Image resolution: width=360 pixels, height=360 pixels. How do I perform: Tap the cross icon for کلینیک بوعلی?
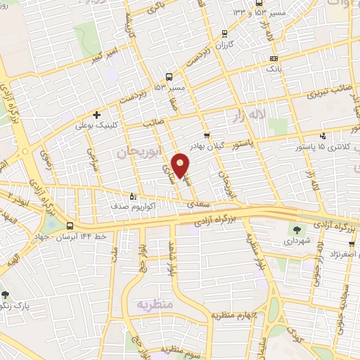tap(96, 115)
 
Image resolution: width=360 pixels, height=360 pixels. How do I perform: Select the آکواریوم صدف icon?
tap(133, 197)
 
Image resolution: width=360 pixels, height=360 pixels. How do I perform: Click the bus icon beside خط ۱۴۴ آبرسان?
tap(70, 226)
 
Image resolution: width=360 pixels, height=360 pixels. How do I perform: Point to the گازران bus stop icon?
tap(224, 33)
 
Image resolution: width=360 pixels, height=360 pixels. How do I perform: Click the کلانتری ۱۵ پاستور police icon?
tap(323, 136)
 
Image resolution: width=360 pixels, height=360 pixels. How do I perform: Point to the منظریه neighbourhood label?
tap(150, 305)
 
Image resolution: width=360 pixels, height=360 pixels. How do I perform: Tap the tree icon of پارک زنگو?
tap(6, 295)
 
